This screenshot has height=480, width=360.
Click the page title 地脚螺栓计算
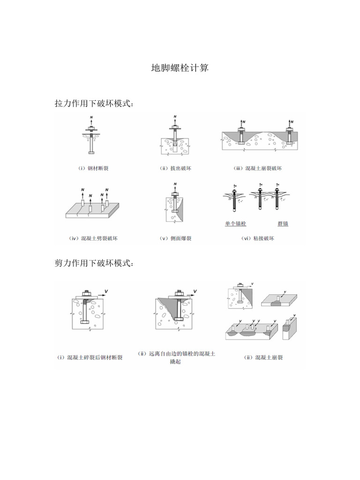[x=180, y=68]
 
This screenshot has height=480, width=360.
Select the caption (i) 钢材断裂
[x=93, y=168]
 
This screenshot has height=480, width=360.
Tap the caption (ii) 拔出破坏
[x=175, y=168]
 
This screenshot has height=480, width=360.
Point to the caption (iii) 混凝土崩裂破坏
[x=257, y=168]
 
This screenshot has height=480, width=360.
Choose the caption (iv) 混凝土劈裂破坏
[x=93, y=238]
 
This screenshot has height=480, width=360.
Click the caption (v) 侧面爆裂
[x=175, y=238]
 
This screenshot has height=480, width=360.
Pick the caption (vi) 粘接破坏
[x=257, y=238]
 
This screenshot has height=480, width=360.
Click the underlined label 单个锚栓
[x=235, y=224]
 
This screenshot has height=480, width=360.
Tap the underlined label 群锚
[x=283, y=224]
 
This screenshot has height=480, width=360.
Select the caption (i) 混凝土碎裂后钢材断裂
[x=90, y=357]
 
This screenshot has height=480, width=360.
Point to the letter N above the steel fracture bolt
[x=92, y=116]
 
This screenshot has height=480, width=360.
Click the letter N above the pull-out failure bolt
[x=175, y=116]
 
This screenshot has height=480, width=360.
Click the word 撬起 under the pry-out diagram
[x=175, y=362]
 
